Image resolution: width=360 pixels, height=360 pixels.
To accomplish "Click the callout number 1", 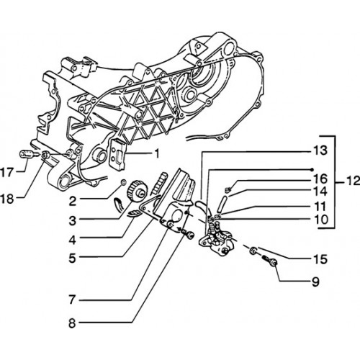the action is point(156,154).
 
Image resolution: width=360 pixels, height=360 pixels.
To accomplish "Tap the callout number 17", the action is point(6,173).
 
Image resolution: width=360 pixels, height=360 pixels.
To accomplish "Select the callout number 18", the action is point(7,199).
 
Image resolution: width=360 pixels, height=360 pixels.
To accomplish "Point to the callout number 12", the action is point(353,181).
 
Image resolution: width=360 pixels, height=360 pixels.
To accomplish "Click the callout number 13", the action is point(320,150).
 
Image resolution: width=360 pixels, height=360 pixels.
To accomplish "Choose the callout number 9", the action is point(315,282).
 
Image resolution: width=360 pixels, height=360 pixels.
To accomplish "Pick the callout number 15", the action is point(321,259).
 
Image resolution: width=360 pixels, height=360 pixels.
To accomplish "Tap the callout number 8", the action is point(72,323).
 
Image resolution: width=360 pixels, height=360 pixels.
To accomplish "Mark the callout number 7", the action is point(72,300).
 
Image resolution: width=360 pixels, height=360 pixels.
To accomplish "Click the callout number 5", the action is point(72,258).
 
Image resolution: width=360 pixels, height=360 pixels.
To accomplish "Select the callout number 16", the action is point(320,179).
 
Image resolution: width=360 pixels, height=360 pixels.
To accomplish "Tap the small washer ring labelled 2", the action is point(123,183).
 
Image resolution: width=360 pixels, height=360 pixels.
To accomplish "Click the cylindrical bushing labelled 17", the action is point(27,153).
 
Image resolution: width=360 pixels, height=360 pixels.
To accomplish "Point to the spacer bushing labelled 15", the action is point(253,251).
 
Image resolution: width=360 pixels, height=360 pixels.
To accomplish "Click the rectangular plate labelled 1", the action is point(117,155).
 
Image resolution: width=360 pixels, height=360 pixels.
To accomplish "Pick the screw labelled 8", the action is point(186,233).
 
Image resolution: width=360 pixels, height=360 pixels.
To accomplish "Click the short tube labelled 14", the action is point(222,204).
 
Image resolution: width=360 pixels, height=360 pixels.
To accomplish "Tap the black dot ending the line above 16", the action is point(312,170).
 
